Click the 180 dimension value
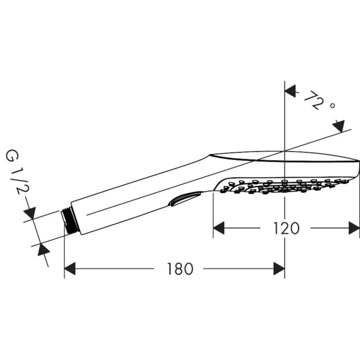(180, 269)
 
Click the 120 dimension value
(286, 228)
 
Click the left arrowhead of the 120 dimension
(219, 228)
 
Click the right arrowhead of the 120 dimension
(353, 228)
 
